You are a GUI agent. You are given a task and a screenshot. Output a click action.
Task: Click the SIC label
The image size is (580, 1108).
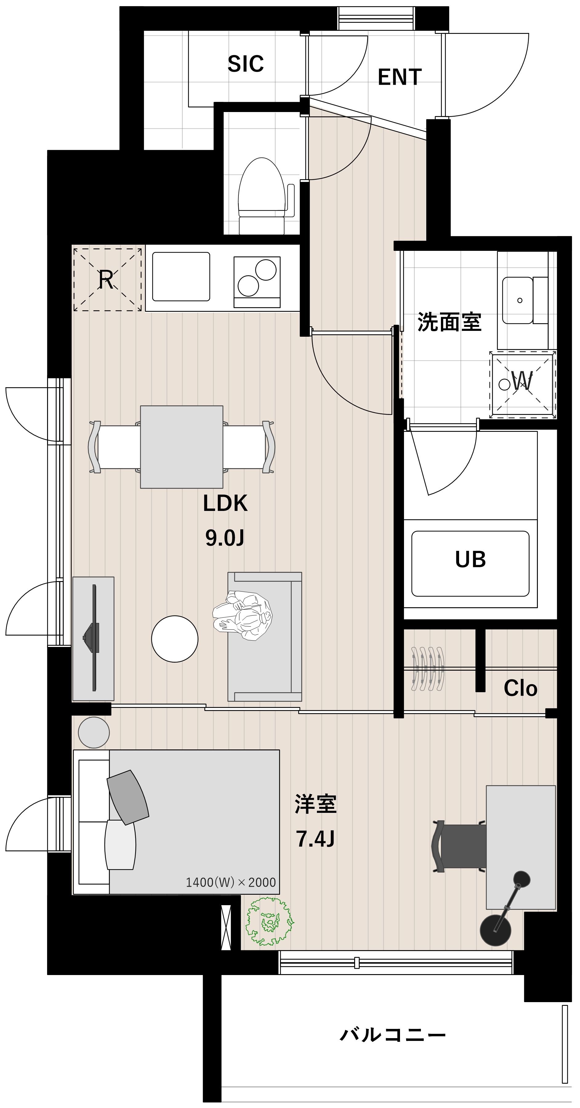pos(246,64)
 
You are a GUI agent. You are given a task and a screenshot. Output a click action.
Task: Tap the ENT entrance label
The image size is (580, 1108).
pos(399,78)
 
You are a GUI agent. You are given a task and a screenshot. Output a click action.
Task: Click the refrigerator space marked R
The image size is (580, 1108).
pos(107,279)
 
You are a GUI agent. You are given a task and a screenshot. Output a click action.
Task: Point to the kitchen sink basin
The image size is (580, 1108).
pos(181,277)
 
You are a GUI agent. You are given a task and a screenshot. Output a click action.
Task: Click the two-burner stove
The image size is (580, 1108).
pos(257,282)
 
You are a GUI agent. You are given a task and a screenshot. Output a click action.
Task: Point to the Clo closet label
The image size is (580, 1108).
pos(520,688)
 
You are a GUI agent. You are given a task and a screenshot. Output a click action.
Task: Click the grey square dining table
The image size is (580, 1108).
pos(182,447)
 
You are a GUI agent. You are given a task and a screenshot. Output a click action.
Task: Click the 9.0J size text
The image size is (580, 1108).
pos(224,538)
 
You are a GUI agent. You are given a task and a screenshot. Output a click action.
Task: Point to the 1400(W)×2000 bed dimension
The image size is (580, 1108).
pos(230,882)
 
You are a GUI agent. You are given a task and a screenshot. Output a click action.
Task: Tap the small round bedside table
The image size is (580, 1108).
pos(94,733)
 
